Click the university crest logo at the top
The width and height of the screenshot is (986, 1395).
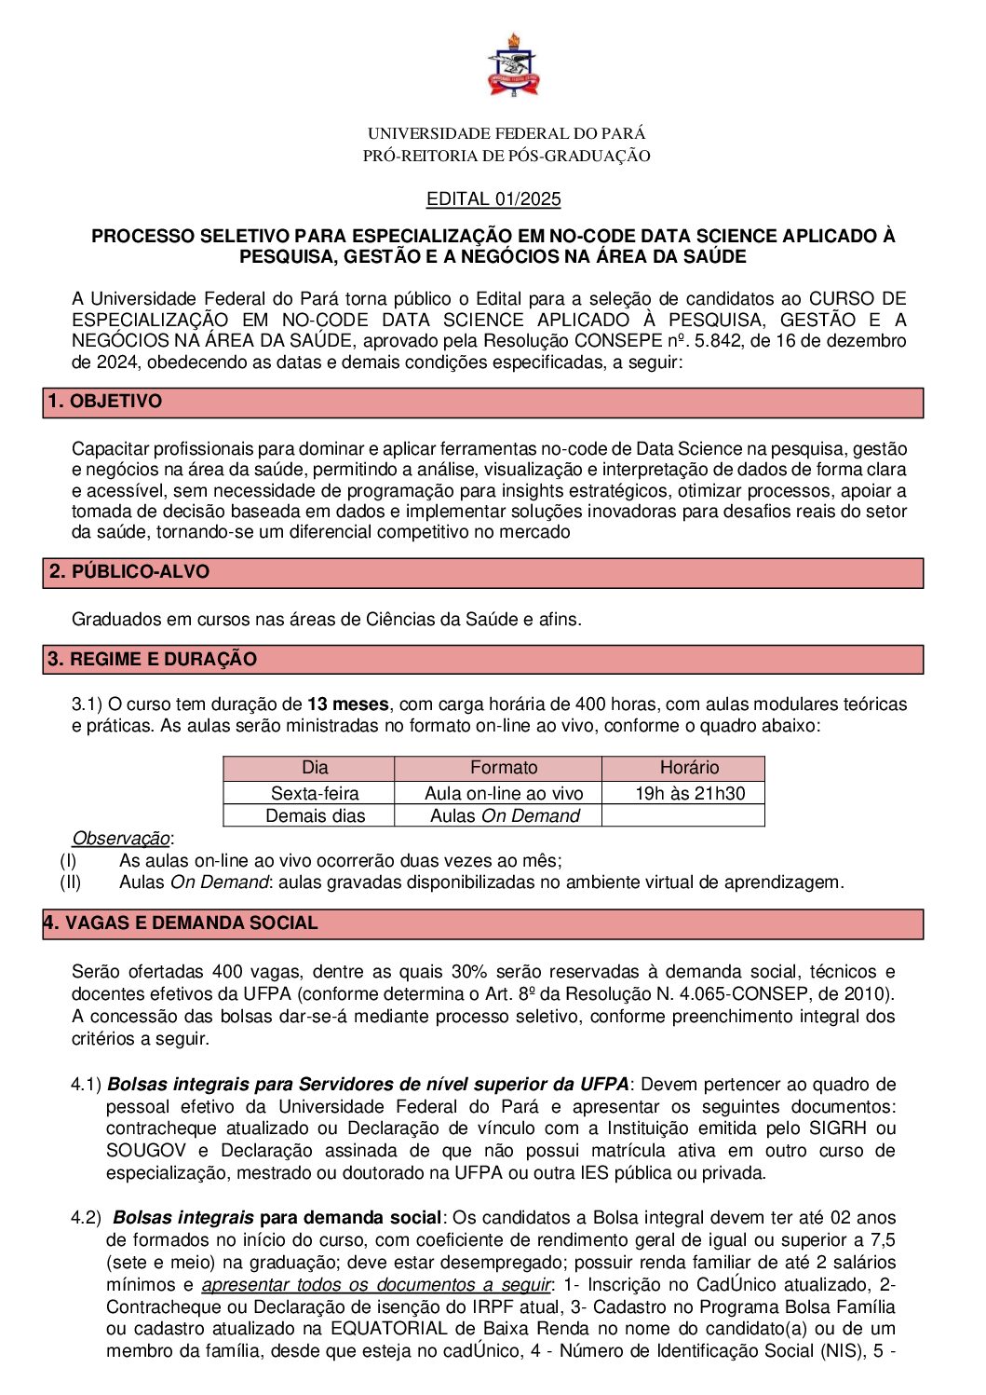click(x=511, y=65)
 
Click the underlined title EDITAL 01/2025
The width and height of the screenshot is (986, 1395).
click(x=493, y=198)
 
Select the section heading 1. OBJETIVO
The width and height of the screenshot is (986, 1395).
click(x=105, y=402)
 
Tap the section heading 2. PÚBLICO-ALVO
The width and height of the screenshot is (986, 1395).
click(x=128, y=572)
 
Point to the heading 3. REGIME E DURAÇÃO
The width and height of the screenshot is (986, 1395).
click(x=152, y=660)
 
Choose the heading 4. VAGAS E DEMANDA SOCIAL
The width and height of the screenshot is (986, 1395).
click(x=181, y=923)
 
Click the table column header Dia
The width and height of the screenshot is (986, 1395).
click(x=315, y=768)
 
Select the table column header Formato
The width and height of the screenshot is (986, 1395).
click(x=504, y=768)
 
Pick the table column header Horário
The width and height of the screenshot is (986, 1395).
click(x=689, y=768)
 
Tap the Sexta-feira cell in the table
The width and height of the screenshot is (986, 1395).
click(x=315, y=793)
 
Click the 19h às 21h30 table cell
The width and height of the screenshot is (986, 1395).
click(x=690, y=793)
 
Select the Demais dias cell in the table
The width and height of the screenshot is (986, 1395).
click(x=315, y=815)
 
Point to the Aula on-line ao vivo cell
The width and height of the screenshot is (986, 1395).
click(x=504, y=793)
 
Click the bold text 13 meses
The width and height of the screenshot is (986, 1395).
click(x=348, y=704)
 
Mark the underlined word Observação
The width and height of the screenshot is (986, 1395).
click(x=121, y=839)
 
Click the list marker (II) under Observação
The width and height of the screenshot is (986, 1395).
click(x=71, y=882)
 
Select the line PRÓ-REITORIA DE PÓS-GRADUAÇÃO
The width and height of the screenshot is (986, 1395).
click(x=507, y=156)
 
